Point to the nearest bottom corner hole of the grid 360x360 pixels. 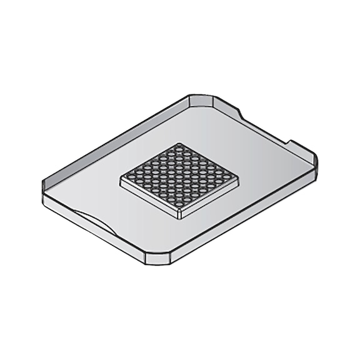click(x=179, y=204)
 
